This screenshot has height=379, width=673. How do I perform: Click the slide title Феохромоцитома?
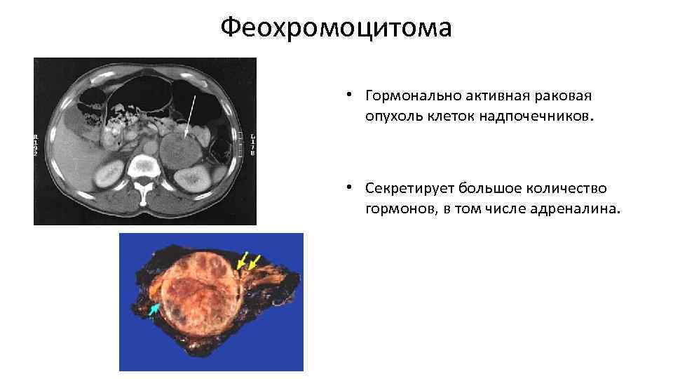point(336,29)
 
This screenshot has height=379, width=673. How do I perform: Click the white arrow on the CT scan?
point(190,109)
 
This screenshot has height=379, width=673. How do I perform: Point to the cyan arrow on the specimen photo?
point(154,308)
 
